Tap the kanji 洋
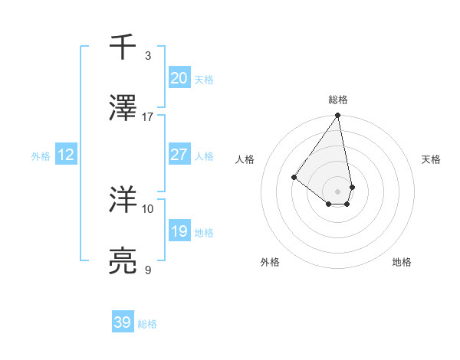pyautogui.click(x=123, y=199)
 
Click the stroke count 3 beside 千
pyautogui.click(x=148, y=56)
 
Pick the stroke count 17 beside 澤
pyautogui.click(x=148, y=117)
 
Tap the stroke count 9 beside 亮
pyautogui.click(x=148, y=270)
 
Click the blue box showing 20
pyautogui.click(x=179, y=78)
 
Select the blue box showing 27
pyautogui.click(x=179, y=155)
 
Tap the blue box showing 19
pyautogui.click(x=179, y=231)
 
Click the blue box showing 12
pyautogui.click(x=66, y=155)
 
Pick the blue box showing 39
pyautogui.click(x=122, y=322)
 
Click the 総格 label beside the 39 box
pyautogui.click(x=147, y=324)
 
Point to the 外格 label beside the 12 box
pyautogui.click(x=41, y=156)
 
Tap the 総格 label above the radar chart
pyautogui.click(x=337, y=100)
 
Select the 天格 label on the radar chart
pyautogui.click(x=431, y=159)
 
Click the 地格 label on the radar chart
pyautogui.click(x=402, y=263)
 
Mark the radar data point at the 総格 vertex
pyautogui.click(x=337, y=116)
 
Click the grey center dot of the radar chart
pyautogui.click(x=337, y=191)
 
